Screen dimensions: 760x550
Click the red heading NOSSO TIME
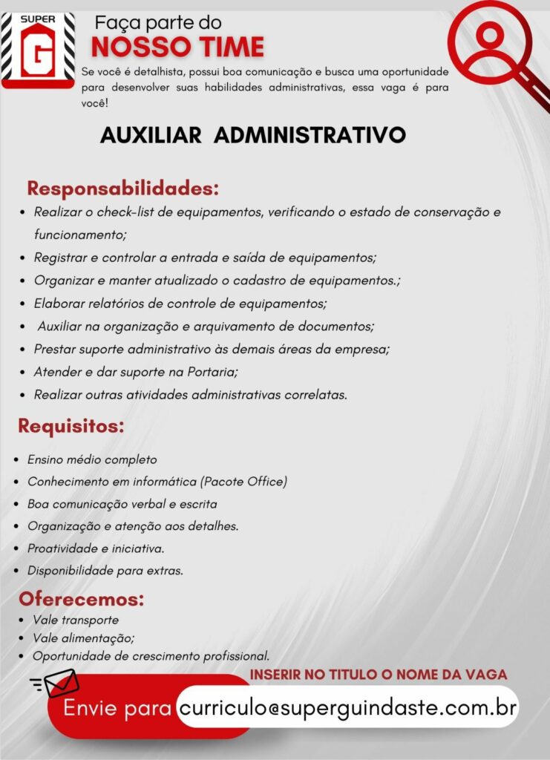click(x=177, y=47)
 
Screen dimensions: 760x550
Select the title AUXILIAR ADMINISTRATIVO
click(x=253, y=135)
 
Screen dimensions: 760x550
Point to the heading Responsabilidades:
click(x=122, y=188)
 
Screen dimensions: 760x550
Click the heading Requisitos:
click(x=71, y=427)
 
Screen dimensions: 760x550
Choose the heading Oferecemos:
click(x=82, y=599)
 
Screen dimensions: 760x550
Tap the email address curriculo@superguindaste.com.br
click(x=347, y=706)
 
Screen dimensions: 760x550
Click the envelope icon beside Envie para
click(x=59, y=683)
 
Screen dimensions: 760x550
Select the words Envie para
click(x=118, y=708)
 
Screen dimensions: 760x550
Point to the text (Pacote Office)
click(x=243, y=482)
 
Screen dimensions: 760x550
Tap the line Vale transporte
click(x=76, y=620)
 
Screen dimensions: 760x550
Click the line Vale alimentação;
click(x=84, y=638)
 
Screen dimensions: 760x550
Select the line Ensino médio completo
click(x=92, y=459)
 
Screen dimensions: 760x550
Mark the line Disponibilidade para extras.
click(x=105, y=571)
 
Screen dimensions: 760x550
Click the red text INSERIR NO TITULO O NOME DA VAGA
click(x=379, y=675)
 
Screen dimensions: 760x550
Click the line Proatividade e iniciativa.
click(x=96, y=548)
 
